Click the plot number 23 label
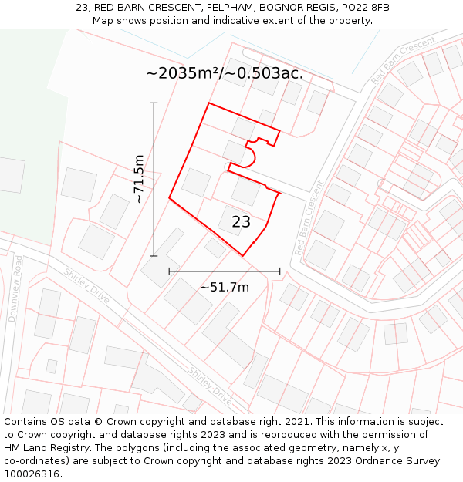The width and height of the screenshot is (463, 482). tap(241, 222)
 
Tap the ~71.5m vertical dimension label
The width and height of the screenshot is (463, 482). tap(138, 179)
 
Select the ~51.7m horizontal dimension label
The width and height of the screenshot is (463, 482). tap(225, 287)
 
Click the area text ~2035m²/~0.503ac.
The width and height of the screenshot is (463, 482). tap(225, 73)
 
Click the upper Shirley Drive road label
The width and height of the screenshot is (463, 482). tap(86, 285)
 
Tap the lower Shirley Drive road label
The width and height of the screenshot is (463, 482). tap(211, 386)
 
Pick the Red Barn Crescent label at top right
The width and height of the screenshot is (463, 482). tap(403, 60)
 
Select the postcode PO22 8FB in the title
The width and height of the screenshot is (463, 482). tap(363, 8)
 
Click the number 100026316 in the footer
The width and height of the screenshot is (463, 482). tap(33, 474)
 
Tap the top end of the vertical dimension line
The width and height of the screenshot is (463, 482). tap(154, 103)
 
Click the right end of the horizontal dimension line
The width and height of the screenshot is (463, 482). tap(280, 271)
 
